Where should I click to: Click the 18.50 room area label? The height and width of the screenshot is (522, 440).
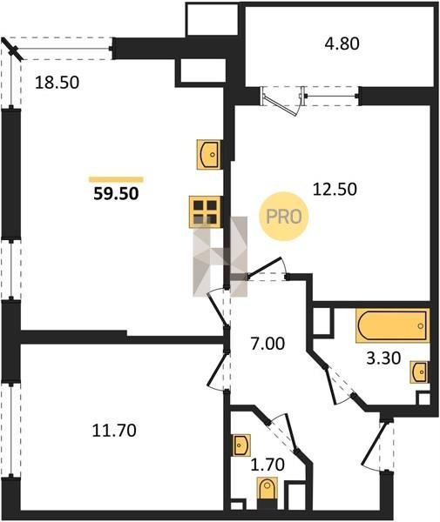57,83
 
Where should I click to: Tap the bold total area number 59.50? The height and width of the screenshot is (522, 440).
116,194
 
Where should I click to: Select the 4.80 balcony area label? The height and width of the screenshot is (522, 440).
342,43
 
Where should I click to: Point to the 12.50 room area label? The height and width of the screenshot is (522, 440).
335,189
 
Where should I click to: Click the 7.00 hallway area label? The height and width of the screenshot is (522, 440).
267,344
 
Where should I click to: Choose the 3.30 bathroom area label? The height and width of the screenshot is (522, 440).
383,358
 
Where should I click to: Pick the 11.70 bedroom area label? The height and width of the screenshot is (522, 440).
114,431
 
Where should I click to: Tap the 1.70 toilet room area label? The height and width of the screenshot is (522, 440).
267,465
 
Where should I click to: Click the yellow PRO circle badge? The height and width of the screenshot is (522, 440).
284,217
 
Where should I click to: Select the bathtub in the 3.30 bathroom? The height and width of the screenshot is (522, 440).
393,325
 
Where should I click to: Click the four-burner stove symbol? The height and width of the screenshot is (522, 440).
206,212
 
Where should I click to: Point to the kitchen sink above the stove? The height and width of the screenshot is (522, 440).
210,155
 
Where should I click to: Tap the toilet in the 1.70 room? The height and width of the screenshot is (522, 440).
267,489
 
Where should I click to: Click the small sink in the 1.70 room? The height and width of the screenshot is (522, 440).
242,445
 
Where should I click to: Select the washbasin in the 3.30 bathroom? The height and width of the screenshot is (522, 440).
419,371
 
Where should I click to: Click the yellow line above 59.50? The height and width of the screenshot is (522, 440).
116,180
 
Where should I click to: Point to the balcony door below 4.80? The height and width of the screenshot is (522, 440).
282,101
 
